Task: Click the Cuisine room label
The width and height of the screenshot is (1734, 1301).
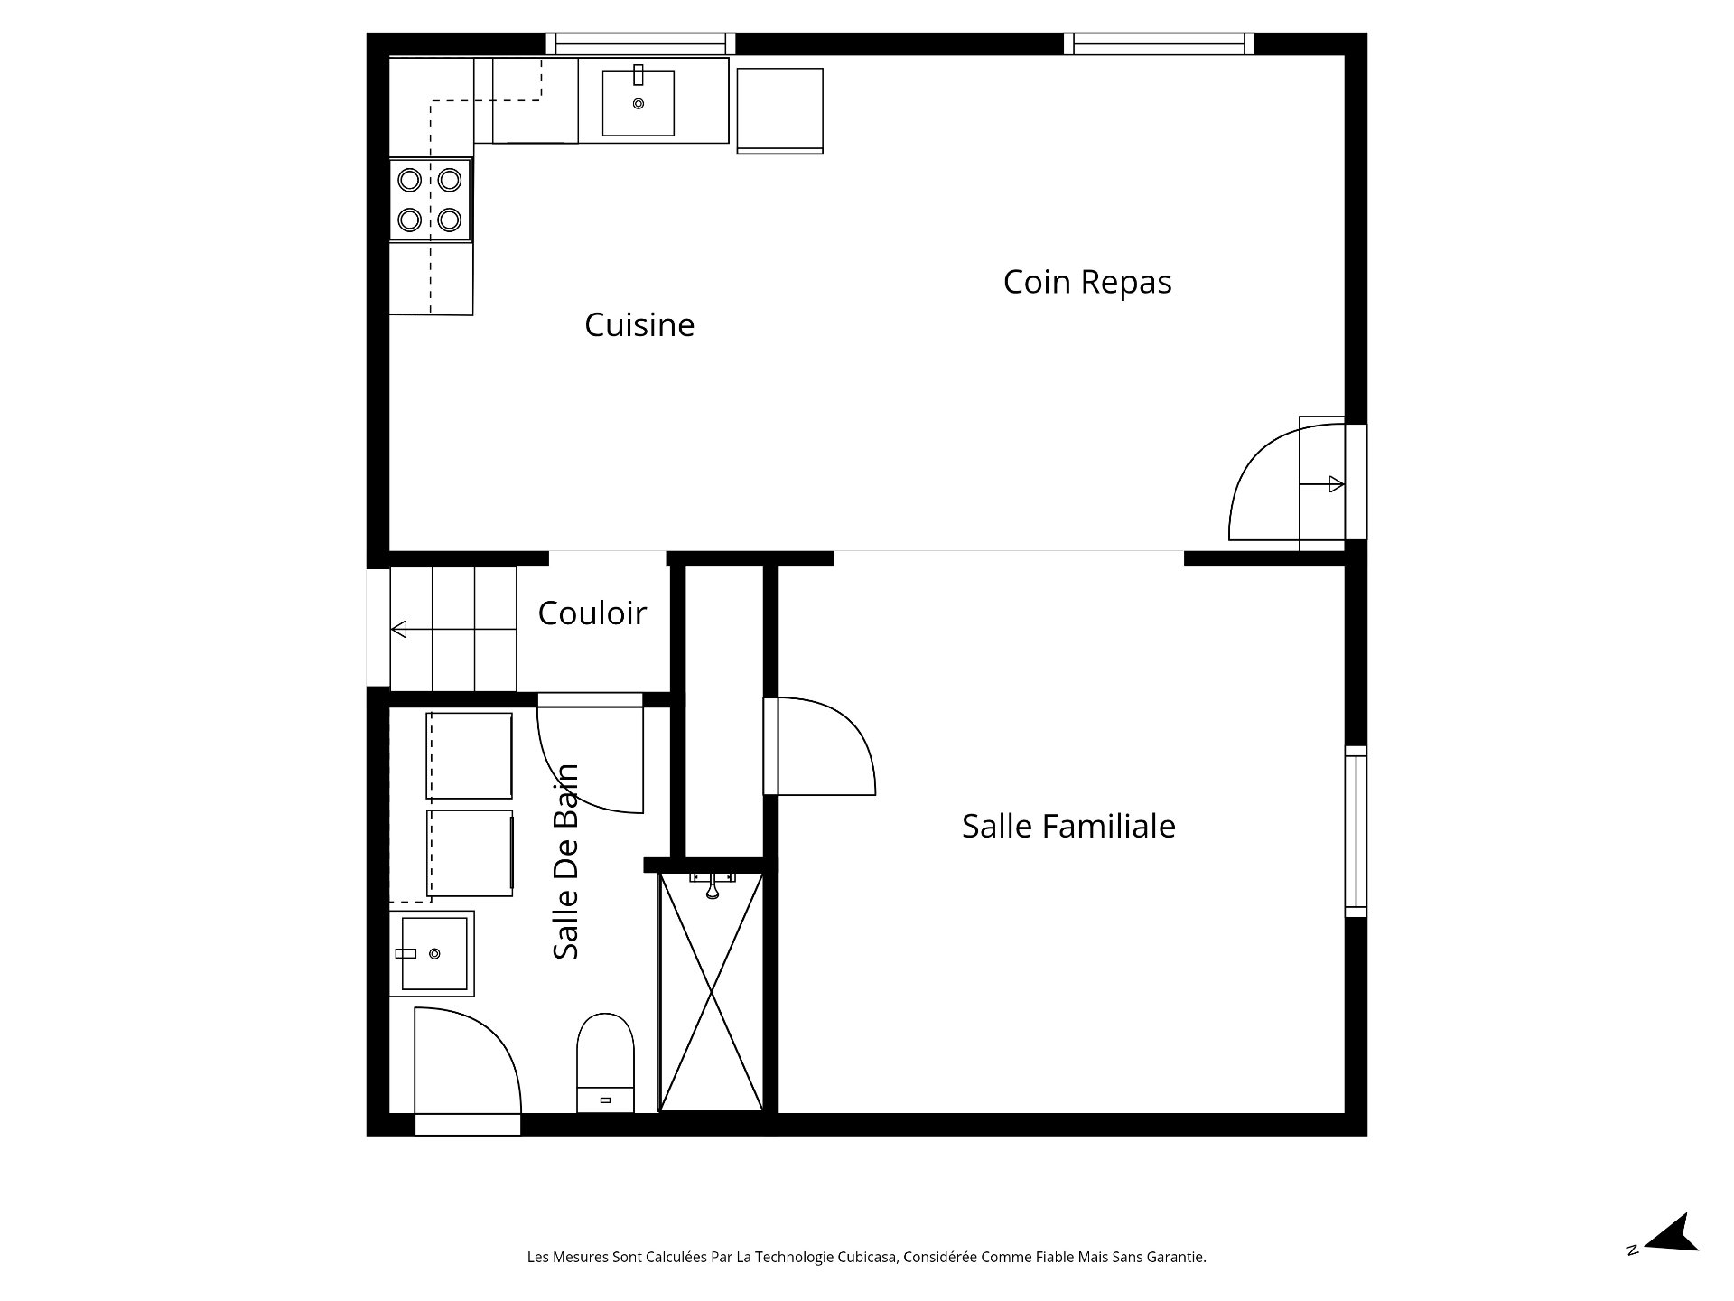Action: (x=639, y=325)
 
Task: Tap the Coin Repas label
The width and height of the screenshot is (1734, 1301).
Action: (x=1086, y=282)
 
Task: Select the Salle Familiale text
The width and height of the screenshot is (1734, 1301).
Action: (x=1068, y=827)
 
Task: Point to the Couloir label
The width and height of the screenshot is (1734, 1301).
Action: (x=592, y=613)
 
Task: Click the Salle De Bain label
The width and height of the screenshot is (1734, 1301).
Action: (x=566, y=862)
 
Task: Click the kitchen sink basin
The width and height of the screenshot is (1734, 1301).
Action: (x=639, y=103)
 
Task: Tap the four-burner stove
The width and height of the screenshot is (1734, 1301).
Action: (x=430, y=200)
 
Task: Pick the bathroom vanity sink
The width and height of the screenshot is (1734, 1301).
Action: (x=433, y=953)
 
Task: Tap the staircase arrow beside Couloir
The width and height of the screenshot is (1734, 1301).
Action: (x=399, y=629)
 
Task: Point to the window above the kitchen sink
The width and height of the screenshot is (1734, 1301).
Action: (x=640, y=43)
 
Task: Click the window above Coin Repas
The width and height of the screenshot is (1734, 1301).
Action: (x=1159, y=43)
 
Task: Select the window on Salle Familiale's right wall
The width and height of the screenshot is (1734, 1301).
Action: (x=1355, y=831)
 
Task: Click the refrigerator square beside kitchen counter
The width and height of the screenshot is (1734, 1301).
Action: (x=779, y=108)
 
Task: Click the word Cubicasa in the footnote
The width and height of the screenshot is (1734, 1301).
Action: (x=870, y=1257)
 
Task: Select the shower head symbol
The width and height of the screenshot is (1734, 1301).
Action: (x=713, y=889)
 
